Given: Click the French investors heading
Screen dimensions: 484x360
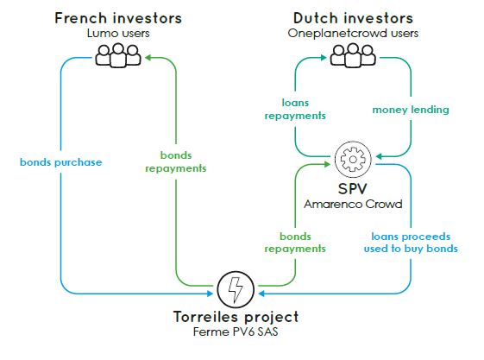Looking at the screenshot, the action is tap(118, 18).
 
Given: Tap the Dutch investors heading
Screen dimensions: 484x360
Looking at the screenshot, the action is tap(353, 18).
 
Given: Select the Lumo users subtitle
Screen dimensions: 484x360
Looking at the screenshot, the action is tap(118, 34).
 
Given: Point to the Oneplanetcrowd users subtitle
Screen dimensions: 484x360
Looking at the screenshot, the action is tap(353, 34).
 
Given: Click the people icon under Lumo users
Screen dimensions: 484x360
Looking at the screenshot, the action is tap(118, 55).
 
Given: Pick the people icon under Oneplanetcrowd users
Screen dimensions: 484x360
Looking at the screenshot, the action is tap(353, 55).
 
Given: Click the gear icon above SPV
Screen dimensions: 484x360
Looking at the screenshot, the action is tap(353, 160).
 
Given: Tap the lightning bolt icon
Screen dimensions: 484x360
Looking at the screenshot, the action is tap(236, 289).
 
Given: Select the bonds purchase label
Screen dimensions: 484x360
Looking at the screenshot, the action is tap(60, 162).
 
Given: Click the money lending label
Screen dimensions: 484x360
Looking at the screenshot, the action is tap(411, 110).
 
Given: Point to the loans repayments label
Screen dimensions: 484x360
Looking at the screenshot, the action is tap(295, 109).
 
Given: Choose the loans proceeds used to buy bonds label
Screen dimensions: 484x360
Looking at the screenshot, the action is tap(411, 243).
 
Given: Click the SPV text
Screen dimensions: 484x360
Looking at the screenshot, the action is tap(353, 189).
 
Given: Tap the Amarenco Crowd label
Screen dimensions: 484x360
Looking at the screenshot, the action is tap(353, 204).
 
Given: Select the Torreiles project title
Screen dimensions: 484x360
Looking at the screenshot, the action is tap(236, 317).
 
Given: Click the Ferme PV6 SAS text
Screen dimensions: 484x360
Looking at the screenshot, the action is tap(236, 332).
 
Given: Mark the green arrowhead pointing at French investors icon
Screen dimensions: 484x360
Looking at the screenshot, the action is tap(148, 58).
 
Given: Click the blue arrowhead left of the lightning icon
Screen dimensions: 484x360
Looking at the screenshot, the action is tap(210, 294).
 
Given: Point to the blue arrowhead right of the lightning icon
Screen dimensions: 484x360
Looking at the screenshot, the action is tap(261, 294).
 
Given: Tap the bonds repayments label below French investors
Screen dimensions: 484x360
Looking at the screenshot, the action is tap(176, 161).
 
